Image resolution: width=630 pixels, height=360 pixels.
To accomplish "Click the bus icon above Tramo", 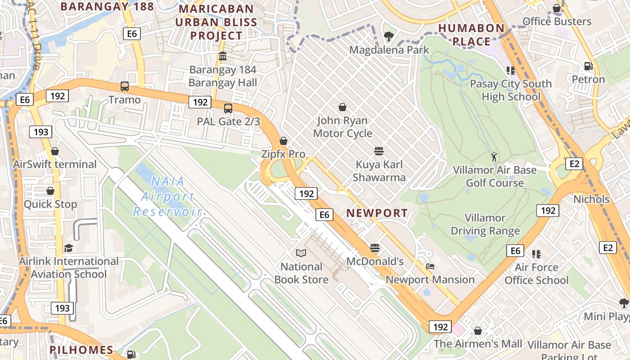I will tap(125, 86).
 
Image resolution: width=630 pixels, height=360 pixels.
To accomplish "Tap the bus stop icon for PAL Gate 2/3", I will tap(228, 108).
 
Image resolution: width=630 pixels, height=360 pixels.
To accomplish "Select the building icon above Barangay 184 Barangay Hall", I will tap(223, 56).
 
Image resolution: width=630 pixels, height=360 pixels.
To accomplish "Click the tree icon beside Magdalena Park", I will tap(388, 36).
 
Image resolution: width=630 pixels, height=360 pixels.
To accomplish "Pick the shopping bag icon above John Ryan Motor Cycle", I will tap(342, 107).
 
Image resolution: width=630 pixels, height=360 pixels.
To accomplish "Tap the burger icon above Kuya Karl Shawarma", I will tap(379, 151).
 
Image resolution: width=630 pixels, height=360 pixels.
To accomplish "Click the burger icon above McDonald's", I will tap(375, 248).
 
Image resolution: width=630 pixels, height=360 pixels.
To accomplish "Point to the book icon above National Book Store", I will tap(301, 253).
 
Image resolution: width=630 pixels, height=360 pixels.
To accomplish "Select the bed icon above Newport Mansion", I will tap(430, 266).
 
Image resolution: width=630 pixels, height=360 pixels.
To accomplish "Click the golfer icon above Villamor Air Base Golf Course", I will tap(495, 157).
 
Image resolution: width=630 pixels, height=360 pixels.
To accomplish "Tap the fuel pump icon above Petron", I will tap(588, 66).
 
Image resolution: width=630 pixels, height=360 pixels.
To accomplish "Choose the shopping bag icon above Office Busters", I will tap(557, 8).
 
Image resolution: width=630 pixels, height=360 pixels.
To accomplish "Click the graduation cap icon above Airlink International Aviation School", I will tap(68, 248).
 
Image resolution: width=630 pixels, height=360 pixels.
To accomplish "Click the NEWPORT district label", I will tap(377, 213).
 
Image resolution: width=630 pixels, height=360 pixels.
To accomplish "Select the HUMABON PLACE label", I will tap(471, 35).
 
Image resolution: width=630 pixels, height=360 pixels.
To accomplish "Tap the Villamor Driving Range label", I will tap(485, 225).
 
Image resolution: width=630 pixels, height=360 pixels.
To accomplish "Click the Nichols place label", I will tap(591, 199).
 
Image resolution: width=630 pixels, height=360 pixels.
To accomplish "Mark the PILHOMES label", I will tap(81, 350).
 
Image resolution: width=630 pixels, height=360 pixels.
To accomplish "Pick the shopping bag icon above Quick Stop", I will tap(50, 191).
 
